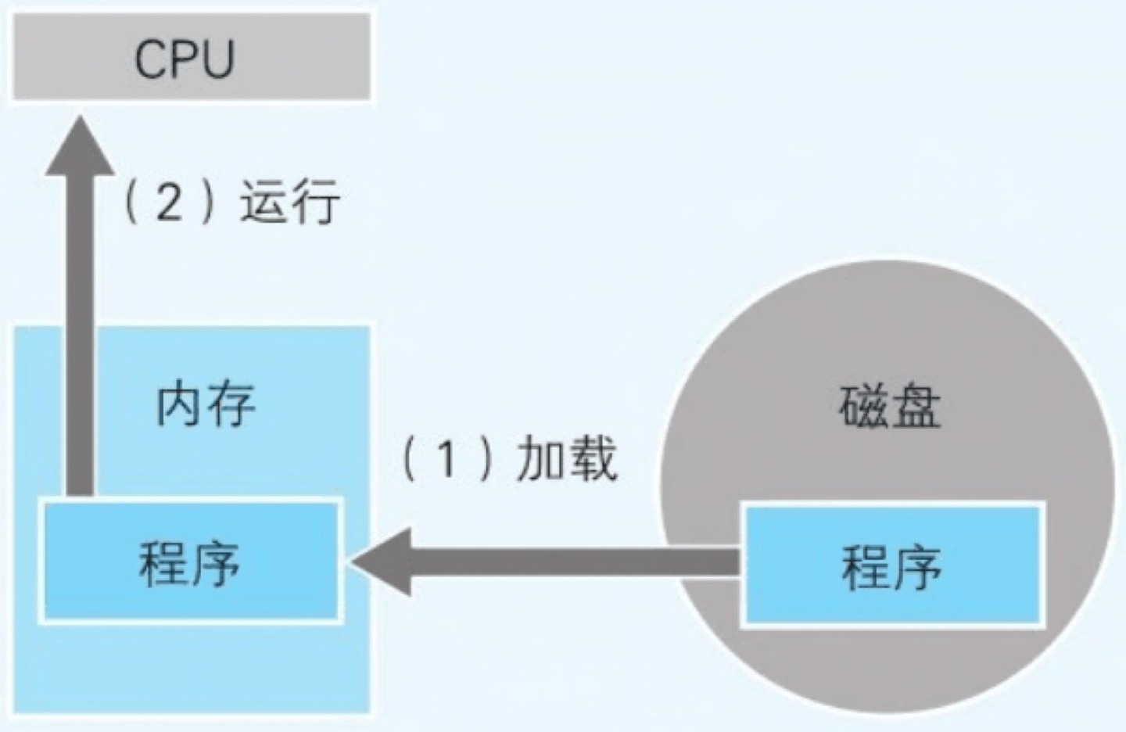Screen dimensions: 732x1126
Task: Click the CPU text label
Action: pyautogui.click(x=185, y=59)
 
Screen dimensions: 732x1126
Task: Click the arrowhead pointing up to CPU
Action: pyautogui.click(x=79, y=149)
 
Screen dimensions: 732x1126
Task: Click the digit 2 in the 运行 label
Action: pyautogui.click(x=169, y=201)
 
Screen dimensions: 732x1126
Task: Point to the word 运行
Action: pyautogui.click(x=289, y=202)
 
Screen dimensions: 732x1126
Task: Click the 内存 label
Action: pyautogui.click(x=206, y=404)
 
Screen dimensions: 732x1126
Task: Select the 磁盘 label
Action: pyautogui.click(x=891, y=407)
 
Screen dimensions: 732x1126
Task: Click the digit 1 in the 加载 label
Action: pyautogui.click(x=446, y=458)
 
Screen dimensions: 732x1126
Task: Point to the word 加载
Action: pyautogui.click(x=567, y=458)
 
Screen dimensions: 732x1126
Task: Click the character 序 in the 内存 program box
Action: pyautogui.click(x=215, y=562)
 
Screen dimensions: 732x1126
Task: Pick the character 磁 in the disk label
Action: pyautogui.click(x=865, y=407)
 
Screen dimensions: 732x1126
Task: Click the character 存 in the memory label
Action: pyautogui.click(x=231, y=404)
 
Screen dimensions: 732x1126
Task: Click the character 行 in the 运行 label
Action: pyautogui.click(x=314, y=202)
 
